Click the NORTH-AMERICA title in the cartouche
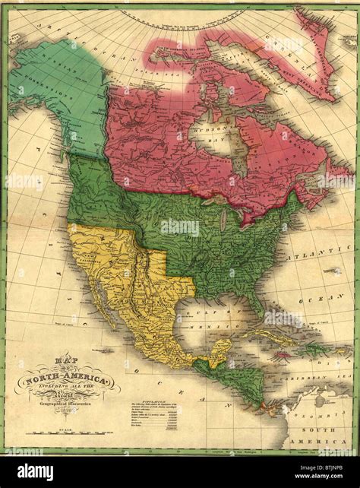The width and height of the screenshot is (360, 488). click(68, 377)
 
